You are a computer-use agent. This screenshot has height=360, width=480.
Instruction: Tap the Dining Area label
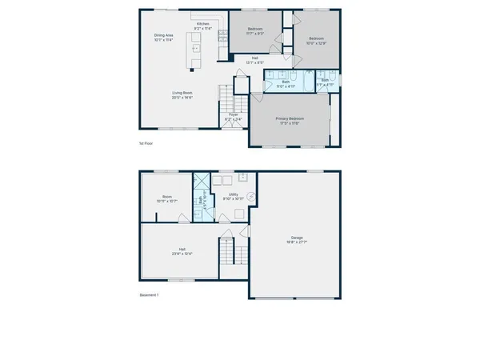[x=165, y=38]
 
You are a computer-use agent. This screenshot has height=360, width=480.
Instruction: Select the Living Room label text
[x=182, y=94]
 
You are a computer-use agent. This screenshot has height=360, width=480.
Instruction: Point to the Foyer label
[x=234, y=117]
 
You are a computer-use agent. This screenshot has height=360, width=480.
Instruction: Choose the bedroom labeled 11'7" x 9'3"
[x=255, y=31]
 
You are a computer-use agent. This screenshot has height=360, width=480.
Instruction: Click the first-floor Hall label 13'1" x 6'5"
[x=255, y=60]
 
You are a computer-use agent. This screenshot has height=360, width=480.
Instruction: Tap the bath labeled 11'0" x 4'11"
[x=286, y=82]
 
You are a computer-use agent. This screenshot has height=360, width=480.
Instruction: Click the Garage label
[x=296, y=242]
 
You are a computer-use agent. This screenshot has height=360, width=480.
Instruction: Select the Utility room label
[x=234, y=196]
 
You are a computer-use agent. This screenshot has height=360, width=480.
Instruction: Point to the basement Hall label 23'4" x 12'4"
[x=178, y=253]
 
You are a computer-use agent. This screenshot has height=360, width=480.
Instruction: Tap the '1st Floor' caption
[x=146, y=143]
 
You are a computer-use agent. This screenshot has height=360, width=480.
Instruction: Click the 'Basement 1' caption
[x=148, y=295]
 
